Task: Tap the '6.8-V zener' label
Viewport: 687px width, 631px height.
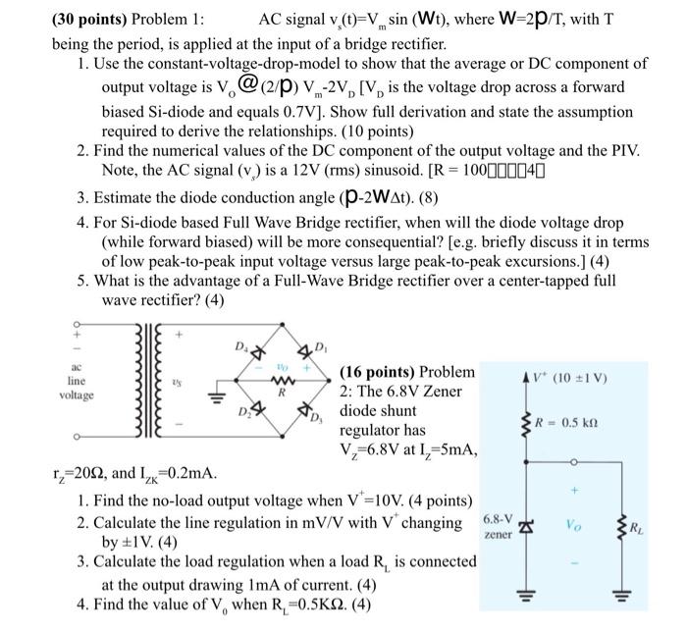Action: [x=498, y=527]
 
